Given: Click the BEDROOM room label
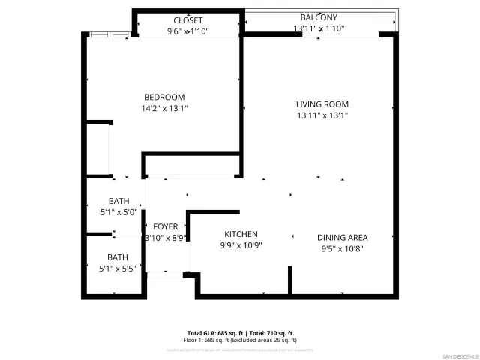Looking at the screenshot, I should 164,97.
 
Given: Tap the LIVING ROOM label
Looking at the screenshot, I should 322,104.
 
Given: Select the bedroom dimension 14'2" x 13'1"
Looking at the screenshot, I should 164,108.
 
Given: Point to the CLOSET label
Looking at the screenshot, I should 187,20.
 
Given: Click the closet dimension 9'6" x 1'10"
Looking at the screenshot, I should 187,31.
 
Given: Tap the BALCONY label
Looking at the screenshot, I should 319,17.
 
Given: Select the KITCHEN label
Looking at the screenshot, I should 241,234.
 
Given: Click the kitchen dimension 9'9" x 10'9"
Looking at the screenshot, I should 241,245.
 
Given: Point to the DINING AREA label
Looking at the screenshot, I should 344,237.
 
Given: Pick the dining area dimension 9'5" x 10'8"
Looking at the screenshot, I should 344,248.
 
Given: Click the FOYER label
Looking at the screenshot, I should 165,226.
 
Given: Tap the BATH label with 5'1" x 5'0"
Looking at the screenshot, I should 118,201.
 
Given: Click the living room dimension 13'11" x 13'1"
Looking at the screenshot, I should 322,115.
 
